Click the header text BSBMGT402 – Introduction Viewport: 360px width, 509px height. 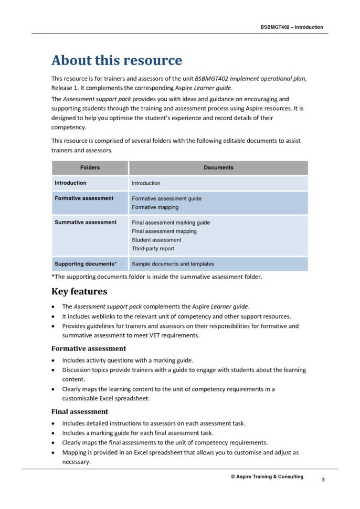291,27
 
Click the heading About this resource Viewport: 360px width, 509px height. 117,60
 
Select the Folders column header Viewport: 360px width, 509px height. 90,168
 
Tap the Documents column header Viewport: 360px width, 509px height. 218,168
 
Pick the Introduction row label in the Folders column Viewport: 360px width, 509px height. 70,183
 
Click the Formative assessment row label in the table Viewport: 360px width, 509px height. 84,198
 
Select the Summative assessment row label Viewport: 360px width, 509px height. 86,222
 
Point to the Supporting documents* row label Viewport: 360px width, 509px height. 86,264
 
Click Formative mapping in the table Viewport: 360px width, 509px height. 155,207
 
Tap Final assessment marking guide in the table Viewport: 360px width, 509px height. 171,222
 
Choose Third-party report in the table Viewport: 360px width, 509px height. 153,249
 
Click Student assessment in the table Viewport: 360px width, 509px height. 156,240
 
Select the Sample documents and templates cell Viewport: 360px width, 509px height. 173,264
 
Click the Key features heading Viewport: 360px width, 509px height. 79,292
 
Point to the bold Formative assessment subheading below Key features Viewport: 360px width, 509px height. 88,348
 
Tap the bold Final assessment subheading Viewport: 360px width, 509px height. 80,411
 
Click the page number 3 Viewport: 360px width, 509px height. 323,480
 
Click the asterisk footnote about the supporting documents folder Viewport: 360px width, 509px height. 156,277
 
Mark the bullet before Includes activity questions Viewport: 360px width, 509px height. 54,360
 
